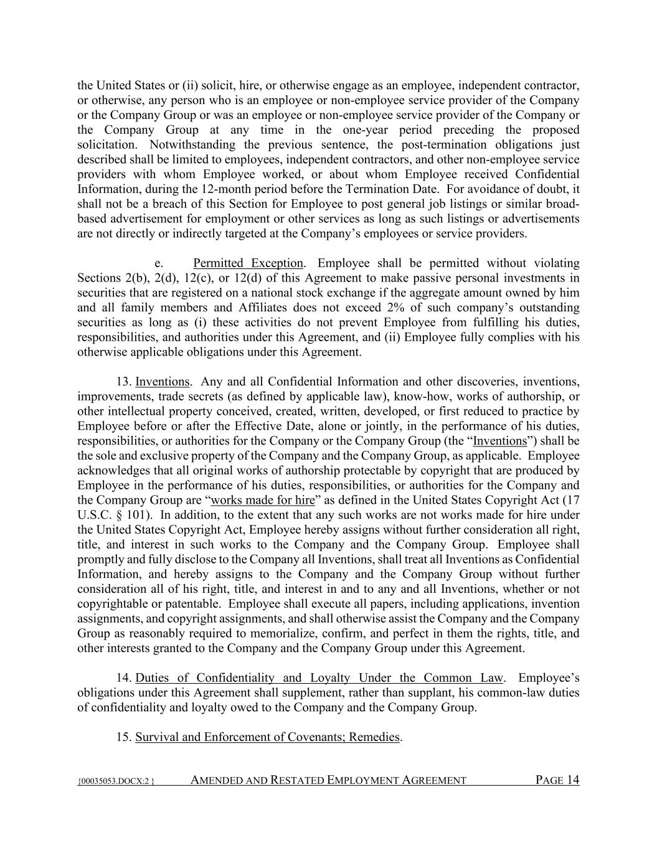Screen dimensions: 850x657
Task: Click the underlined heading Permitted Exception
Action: (x=248, y=263)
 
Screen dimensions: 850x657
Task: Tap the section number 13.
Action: (x=123, y=382)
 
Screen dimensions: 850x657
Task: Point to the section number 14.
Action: (x=123, y=678)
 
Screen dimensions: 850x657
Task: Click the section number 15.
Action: (x=123, y=737)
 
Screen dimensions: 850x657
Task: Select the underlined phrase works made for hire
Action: (x=263, y=500)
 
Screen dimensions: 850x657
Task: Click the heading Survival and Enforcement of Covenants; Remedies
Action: (x=268, y=737)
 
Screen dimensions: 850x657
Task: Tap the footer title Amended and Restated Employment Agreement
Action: (x=328, y=780)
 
